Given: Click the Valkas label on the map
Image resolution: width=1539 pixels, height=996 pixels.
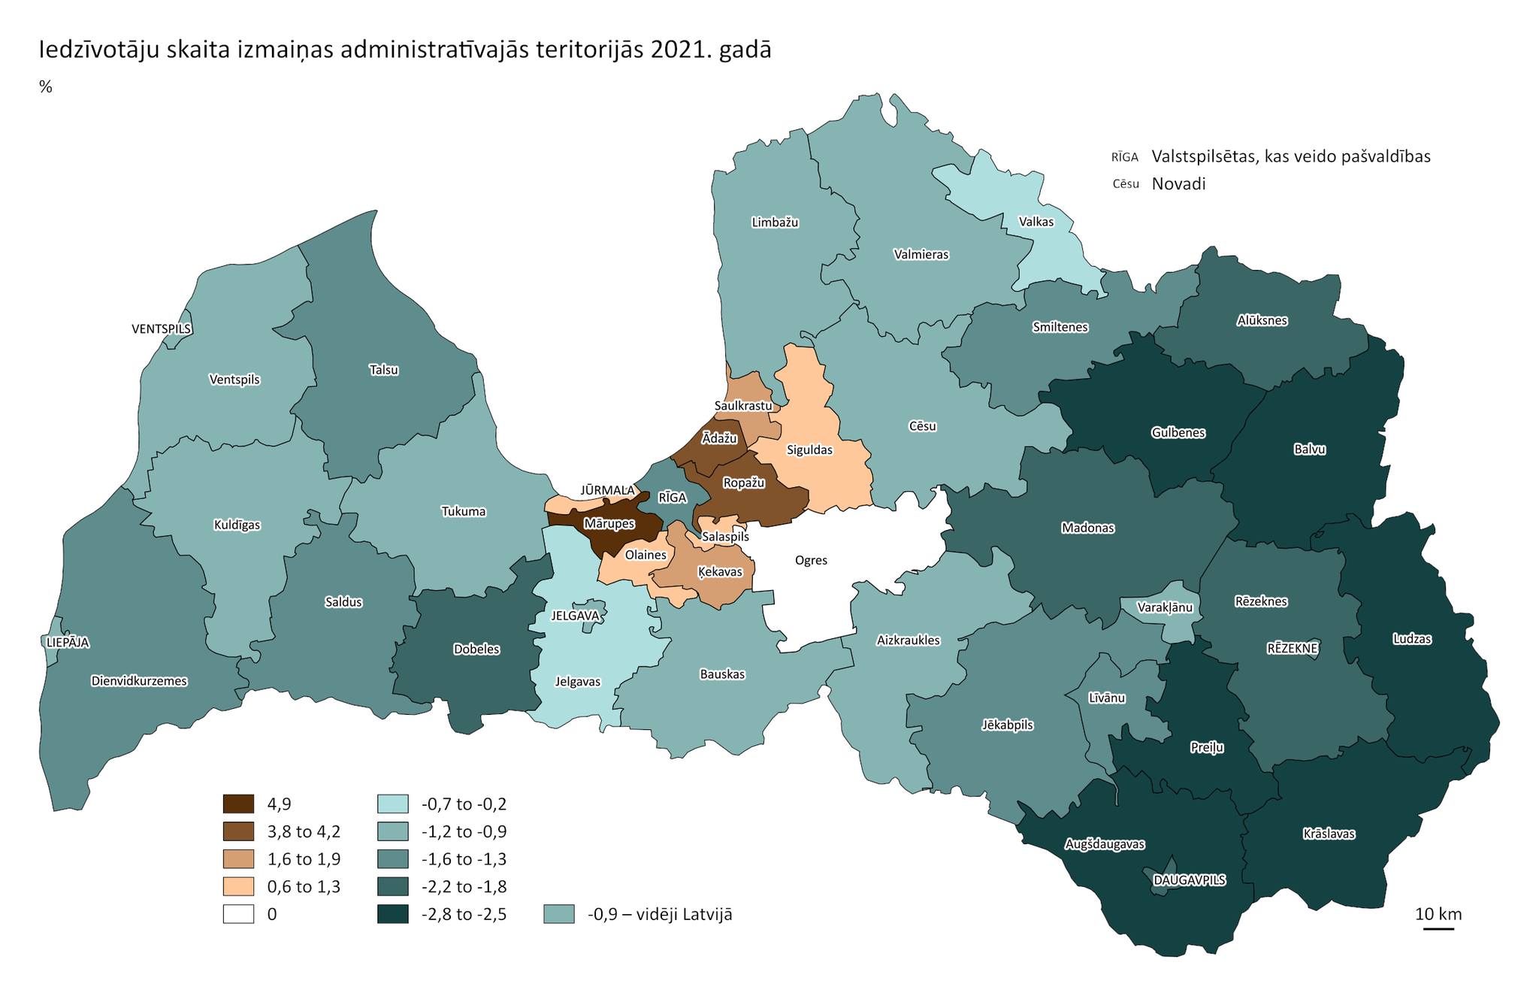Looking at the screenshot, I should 1036,222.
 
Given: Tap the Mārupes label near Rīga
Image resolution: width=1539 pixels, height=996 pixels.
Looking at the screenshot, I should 609,523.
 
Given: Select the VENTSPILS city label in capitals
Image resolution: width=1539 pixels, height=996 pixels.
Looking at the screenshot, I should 162,329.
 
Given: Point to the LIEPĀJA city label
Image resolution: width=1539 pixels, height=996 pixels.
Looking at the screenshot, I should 68,643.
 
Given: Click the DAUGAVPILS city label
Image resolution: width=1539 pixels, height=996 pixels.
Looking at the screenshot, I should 1190,880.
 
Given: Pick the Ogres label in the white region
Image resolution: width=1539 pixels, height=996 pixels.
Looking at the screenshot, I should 811,560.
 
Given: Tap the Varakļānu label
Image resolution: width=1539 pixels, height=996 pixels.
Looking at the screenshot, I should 1165,607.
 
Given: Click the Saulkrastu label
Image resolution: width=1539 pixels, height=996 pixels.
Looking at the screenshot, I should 743,406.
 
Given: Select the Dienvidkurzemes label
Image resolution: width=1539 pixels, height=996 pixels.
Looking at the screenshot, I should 139,681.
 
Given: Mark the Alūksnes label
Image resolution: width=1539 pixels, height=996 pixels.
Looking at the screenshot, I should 1262,320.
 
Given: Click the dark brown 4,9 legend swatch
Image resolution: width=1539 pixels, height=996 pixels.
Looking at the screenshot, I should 239,804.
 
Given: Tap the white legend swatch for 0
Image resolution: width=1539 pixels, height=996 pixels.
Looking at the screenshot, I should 239,914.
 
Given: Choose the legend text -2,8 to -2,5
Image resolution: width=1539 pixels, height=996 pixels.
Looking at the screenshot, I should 464,914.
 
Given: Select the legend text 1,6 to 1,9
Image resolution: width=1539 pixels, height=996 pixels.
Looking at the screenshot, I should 304,859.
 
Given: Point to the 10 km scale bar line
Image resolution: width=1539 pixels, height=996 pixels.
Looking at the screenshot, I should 1438,929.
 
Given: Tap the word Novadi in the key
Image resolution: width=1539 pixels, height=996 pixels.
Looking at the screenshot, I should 1178,183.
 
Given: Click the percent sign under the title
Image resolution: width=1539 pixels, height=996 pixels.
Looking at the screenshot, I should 46,87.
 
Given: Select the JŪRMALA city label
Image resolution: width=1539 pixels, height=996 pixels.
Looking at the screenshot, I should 607,491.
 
